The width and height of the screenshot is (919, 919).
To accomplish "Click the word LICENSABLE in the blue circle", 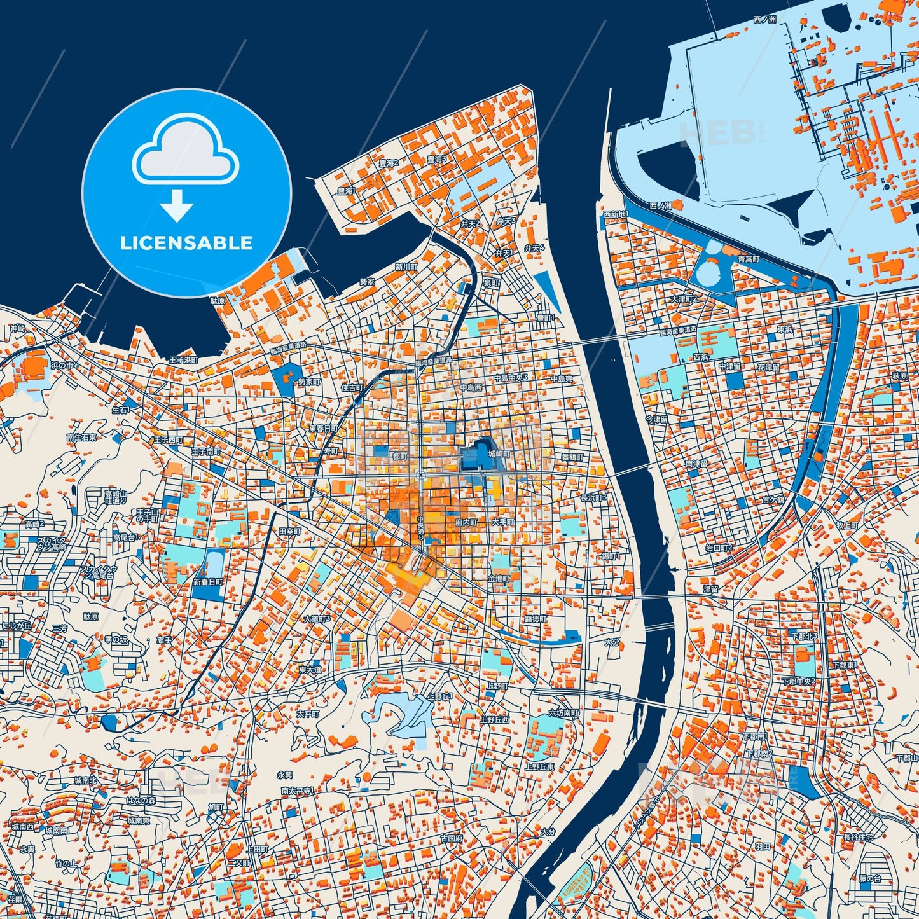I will [186, 243].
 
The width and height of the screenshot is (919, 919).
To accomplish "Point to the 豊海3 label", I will [437, 160].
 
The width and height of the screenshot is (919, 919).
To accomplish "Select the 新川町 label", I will [406, 267].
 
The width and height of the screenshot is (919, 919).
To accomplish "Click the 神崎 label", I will [17, 329].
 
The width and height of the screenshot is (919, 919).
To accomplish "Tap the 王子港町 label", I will [183, 361].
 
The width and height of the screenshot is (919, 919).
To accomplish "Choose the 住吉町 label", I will [352, 387].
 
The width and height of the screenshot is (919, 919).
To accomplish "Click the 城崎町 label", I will [499, 453].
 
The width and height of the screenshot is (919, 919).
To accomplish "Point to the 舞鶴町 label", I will [572, 457].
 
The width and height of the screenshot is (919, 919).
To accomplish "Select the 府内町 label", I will [466, 522].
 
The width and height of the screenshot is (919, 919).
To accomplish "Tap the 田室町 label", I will [289, 530].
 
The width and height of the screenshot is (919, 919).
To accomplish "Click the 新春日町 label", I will [208, 582].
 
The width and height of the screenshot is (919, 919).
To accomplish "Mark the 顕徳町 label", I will [535, 619].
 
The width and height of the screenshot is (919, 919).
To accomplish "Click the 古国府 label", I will [452, 839].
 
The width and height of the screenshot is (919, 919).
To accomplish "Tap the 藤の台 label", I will [869, 878].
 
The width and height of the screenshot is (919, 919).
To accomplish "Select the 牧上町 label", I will [847, 525].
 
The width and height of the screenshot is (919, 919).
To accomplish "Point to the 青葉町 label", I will [749, 259].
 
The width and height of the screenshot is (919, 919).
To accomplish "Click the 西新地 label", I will [615, 214].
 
